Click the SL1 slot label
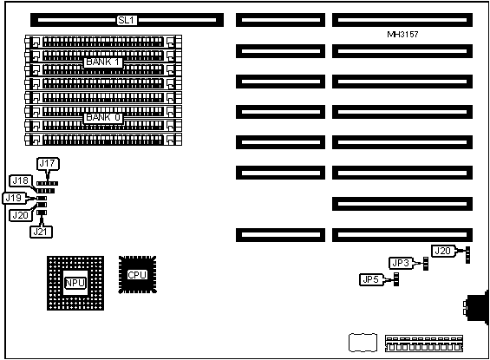[x=127, y=20]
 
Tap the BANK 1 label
[x=103, y=62]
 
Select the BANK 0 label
[x=103, y=117]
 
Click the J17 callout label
[x=48, y=164]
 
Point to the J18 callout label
[x=21, y=180]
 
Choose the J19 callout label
[x=14, y=198]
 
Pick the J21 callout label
[x=41, y=232]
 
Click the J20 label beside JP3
[x=443, y=251]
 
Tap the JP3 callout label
[x=401, y=263]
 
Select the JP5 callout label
[x=371, y=279]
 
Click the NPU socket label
[x=75, y=283]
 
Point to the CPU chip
[x=138, y=275]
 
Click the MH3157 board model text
[x=402, y=35]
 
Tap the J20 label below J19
[x=21, y=215]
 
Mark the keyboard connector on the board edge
[x=476, y=307]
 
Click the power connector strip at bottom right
[x=424, y=344]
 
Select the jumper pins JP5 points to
[x=396, y=278]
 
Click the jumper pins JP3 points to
[x=426, y=264]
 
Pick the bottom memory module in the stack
[x=103, y=140]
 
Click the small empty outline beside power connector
[x=363, y=343]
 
